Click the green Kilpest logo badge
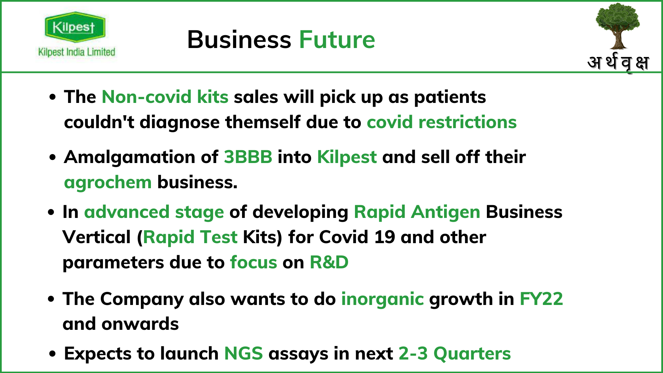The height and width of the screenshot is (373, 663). pyautogui.click(x=75, y=27)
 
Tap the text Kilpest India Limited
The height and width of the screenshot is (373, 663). pyautogui.click(x=77, y=52)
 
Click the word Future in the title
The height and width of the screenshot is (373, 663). pyautogui.click(x=337, y=40)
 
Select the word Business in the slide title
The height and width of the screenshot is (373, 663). pyautogui.click(x=239, y=40)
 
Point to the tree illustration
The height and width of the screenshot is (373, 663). pyautogui.click(x=617, y=26)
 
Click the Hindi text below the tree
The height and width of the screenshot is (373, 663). pyautogui.click(x=618, y=63)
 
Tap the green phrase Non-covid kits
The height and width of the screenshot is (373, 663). pyautogui.click(x=165, y=97)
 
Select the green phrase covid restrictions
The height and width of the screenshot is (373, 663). pyautogui.click(x=442, y=122)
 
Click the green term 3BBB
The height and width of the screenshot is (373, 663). pyautogui.click(x=248, y=157)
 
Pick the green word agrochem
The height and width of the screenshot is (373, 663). pyautogui.click(x=108, y=182)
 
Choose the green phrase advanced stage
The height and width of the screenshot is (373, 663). pyautogui.click(x=154, y=212)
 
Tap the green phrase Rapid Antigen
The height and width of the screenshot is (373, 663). pyautogui.click(x=417, y=212)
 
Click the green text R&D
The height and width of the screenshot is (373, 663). pyautogui.click(x=329, y=262)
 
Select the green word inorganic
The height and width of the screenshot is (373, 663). pyautogui.click(x=382, y=299)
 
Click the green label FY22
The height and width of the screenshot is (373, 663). pyautogui.click(x=541, y=299)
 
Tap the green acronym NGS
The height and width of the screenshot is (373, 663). pyautogui.click(x=243, y=354)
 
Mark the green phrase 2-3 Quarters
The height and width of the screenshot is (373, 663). pyautogui.click(x=454, y=354)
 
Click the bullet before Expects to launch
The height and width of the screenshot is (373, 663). pyautogui.click(x=52, y=354)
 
